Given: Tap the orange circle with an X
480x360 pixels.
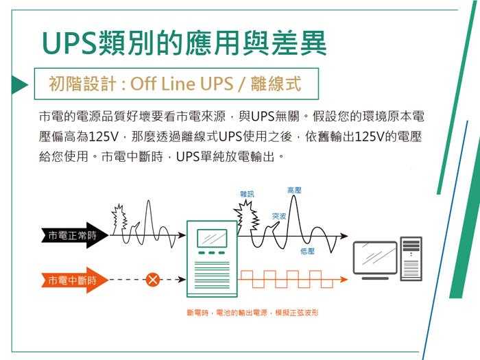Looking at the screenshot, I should [x=153, y=280].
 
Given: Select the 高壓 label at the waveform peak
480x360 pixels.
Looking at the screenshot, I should [x=294, y=189].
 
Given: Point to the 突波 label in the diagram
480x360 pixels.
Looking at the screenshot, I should [x=278, y=216].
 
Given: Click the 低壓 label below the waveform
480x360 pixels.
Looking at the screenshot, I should [x=307, y=252].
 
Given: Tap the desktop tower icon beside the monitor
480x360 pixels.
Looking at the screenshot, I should [x=411, y=258].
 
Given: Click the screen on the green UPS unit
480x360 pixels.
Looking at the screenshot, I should [x=212, y=237].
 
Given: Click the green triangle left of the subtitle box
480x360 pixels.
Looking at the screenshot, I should [x=18, y=84].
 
